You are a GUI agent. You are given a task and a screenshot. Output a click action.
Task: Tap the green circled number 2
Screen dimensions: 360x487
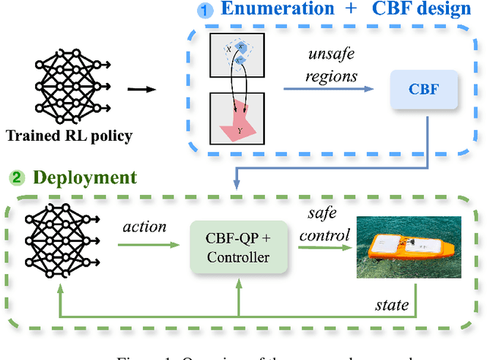pyautogui.click(x=16, y=178)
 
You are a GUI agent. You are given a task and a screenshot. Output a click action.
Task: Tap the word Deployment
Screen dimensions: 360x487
pyautogui.click(x=83, y=178)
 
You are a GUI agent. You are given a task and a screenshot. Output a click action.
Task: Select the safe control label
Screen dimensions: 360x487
pyautogui.click(x=324, y=227)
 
